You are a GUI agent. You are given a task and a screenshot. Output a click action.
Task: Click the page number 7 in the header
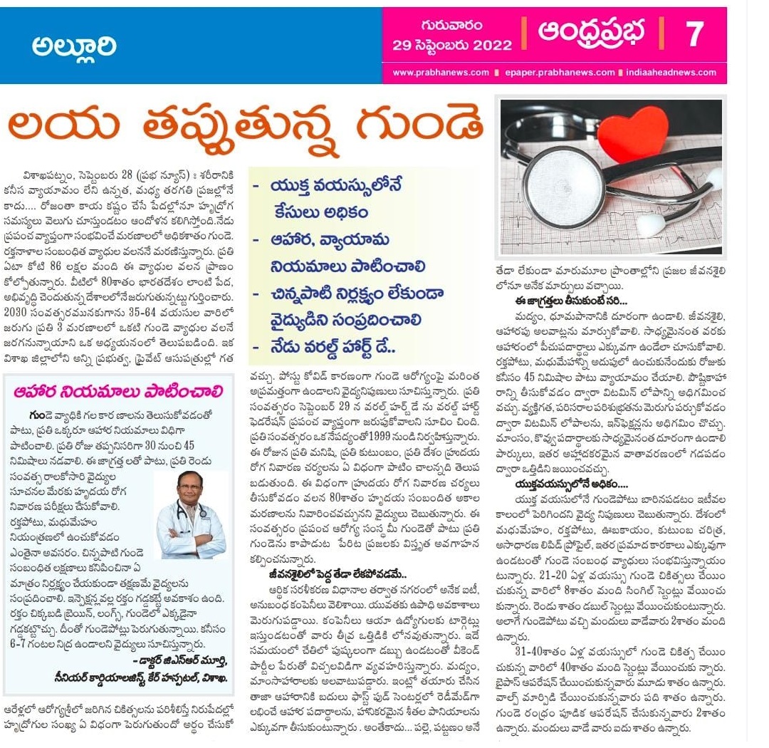694,34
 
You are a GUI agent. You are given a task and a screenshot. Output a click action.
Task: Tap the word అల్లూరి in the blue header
74,47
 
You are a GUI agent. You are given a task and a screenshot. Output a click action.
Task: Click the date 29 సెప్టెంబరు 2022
452,45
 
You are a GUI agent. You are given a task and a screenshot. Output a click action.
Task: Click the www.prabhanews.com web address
441,73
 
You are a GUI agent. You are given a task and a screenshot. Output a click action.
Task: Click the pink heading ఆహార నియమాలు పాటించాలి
118,392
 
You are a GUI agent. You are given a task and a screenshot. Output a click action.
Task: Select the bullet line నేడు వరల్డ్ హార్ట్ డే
328,348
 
